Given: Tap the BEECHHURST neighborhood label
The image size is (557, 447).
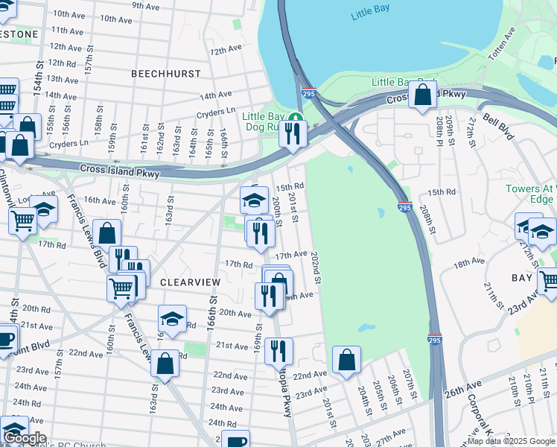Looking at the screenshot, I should pos(165,74).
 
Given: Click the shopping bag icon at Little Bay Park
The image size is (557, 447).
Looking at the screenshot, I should pos(422,95).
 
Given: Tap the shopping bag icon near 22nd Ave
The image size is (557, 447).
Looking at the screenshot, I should pos(346,361).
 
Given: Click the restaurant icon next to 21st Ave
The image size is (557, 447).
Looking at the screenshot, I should pos(278,350).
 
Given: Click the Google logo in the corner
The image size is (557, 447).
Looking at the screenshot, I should pos(25,438).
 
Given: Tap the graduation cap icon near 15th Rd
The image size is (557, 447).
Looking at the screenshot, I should pos(254,200).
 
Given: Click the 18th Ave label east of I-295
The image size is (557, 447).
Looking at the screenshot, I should pos(468,263).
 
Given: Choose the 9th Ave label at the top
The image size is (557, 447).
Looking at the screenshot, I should pos(147,6).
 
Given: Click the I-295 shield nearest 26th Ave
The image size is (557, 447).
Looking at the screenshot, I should pos(435,340).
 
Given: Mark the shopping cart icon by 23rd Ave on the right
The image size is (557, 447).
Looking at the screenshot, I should pos(550,281).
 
